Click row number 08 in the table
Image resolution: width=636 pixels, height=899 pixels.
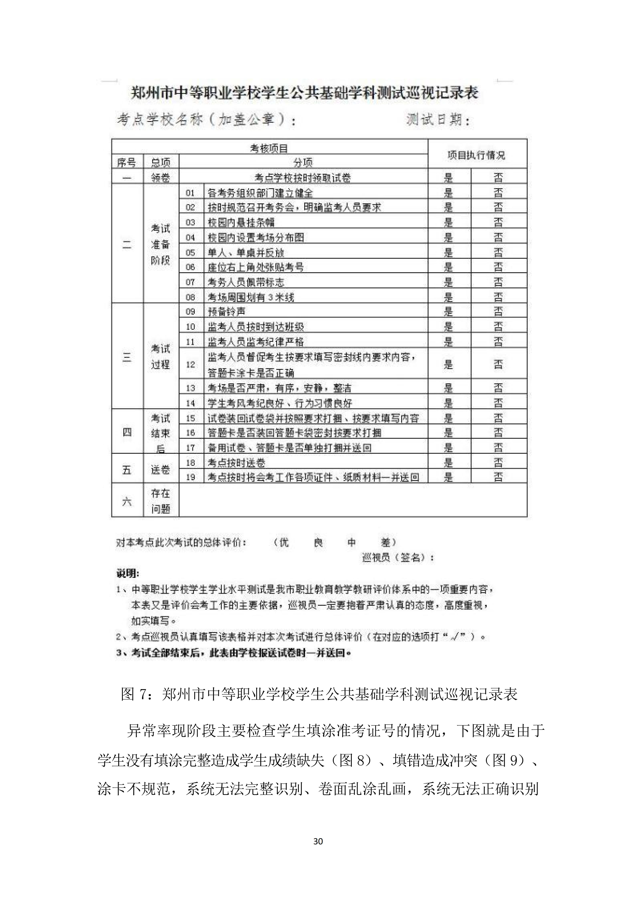click(x=190, y=297)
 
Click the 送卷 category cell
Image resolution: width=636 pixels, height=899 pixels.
click(x=161, y=470)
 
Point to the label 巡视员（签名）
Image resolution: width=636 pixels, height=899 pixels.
click(x=398, y=558)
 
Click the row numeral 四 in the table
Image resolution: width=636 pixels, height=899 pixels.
click(x=127, y=432)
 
